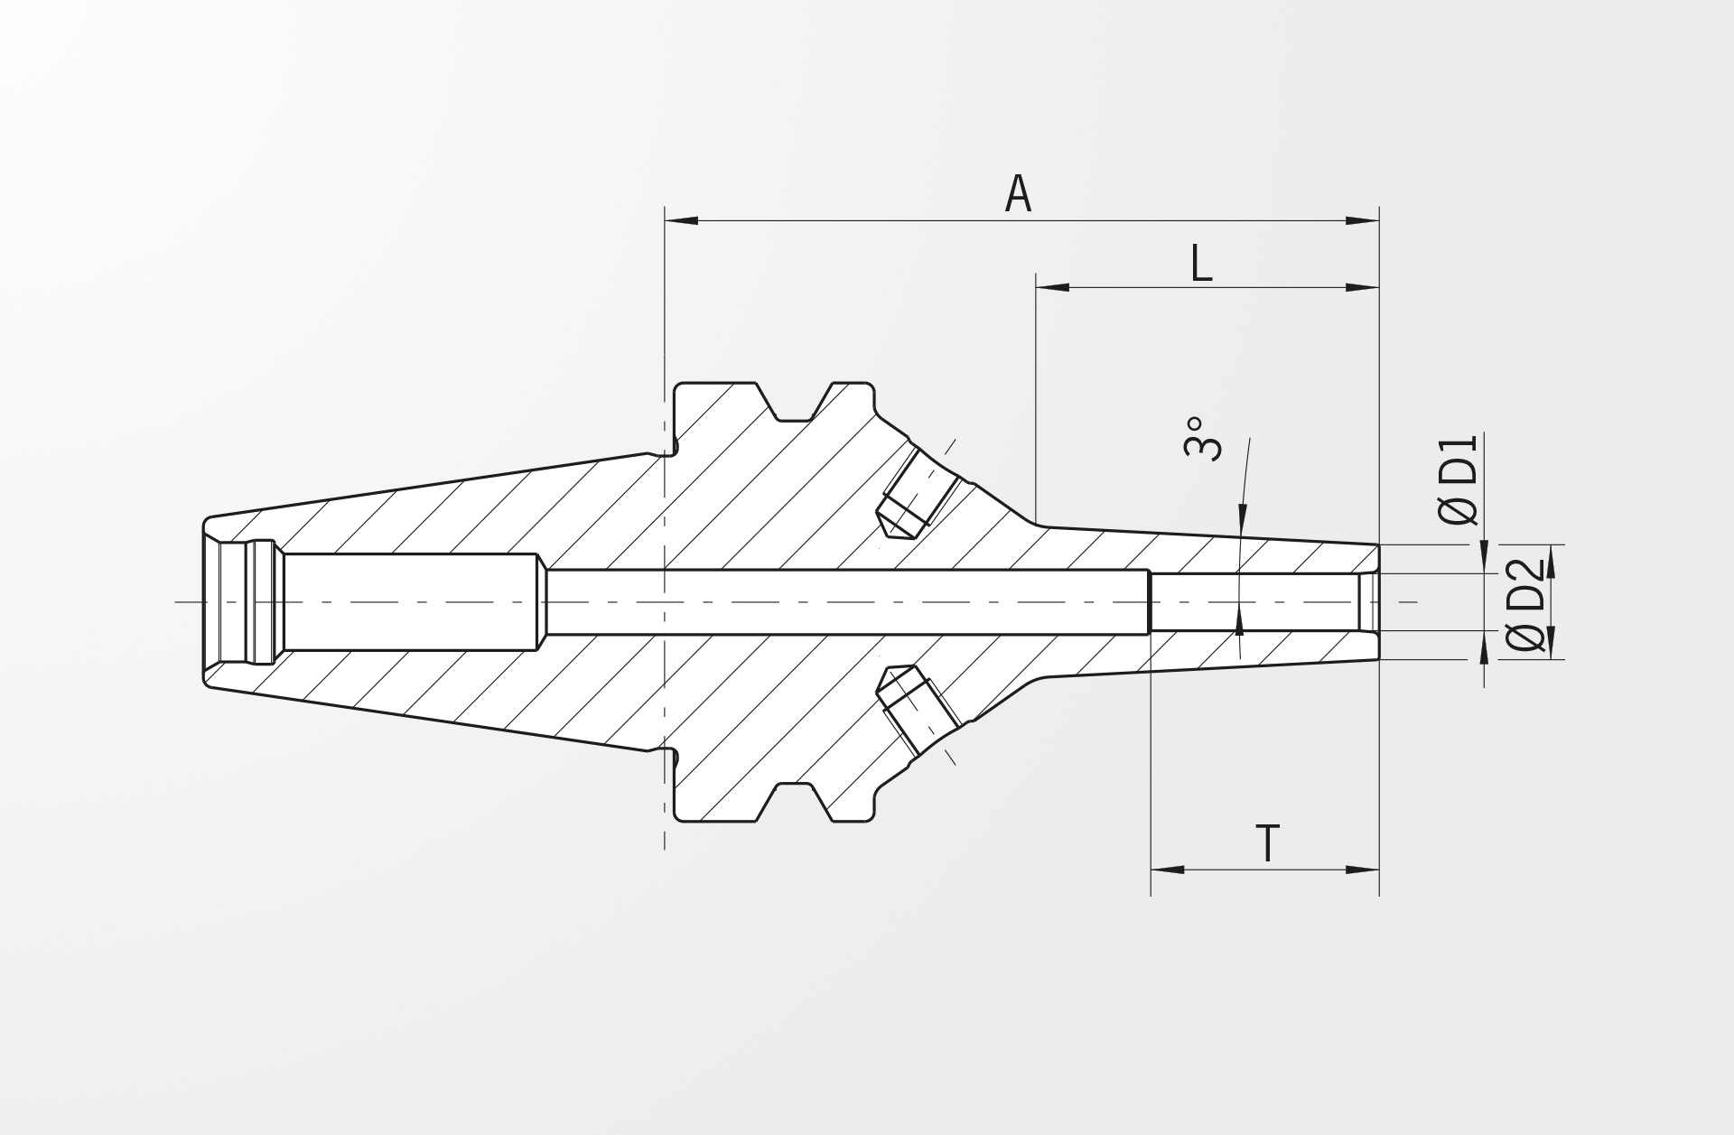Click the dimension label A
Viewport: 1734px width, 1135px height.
[1018, 194]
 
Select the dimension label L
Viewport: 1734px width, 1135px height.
[1200, 263]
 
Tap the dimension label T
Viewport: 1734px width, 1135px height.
[1268, 843]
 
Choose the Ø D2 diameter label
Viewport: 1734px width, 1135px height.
[1525, 604]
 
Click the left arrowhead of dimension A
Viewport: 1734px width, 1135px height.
[682, 220]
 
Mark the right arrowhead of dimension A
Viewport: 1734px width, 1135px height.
[1362, 220]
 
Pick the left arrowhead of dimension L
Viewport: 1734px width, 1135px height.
[1053, 287]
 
